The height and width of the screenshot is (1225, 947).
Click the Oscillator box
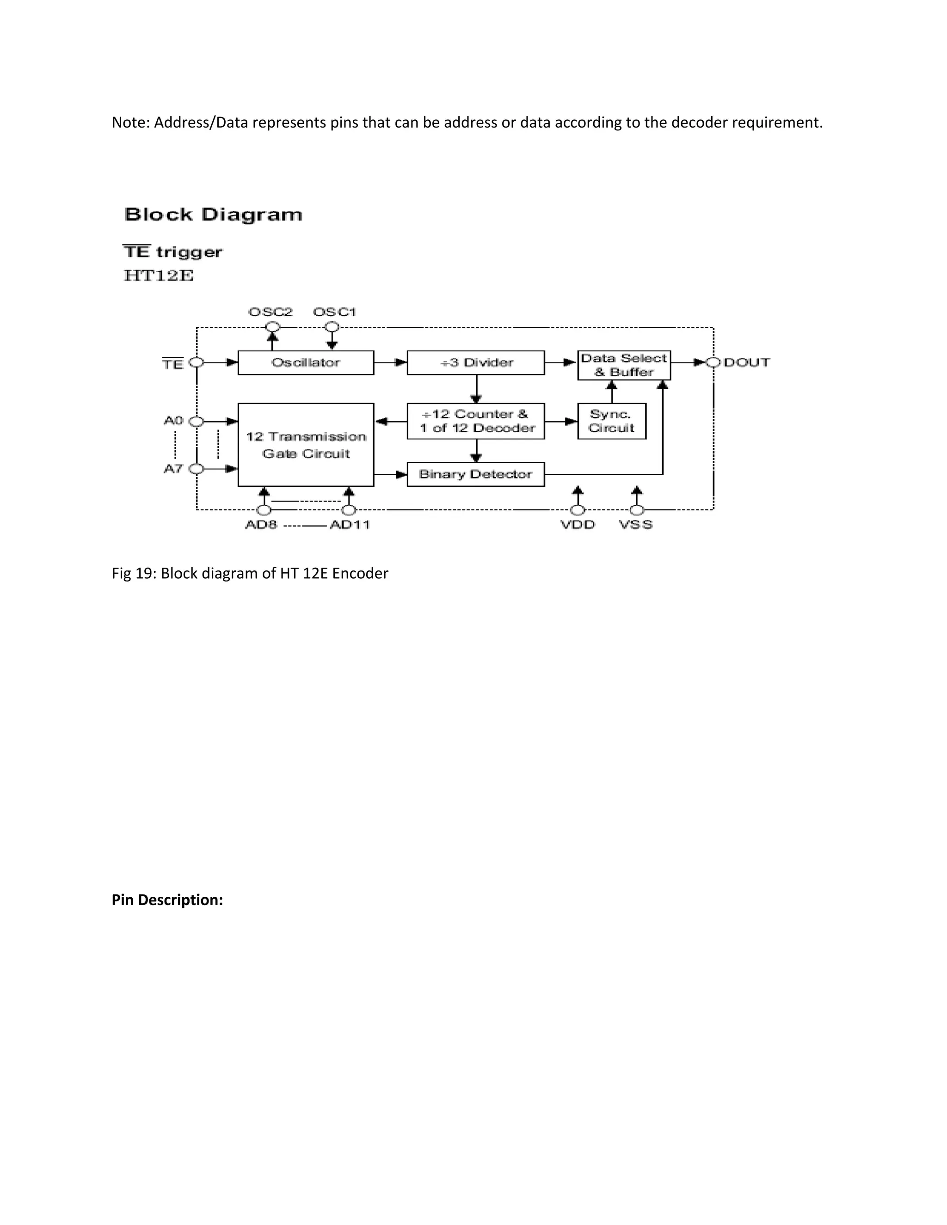coord(306,362)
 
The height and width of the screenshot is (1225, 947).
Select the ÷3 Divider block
coord(476,362)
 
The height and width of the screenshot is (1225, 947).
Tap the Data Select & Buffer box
coord(624,365)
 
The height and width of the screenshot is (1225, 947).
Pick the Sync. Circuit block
coord(611,421)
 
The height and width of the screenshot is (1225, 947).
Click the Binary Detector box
coord(476,474)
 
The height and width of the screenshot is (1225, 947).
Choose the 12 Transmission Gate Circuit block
coord(306,444)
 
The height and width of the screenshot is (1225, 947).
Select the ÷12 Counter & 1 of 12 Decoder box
coord(476,421)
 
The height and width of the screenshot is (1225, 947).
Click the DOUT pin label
coord(747,362)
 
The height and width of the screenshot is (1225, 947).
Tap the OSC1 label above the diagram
coord(334,312)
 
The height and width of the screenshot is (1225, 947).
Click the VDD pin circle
coord(577,510)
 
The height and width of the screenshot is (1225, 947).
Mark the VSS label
coord(636,525)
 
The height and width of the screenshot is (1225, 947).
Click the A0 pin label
coord(173,420)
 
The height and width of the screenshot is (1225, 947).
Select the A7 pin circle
coord(197,468)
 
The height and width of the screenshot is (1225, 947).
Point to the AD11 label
coord(350,525)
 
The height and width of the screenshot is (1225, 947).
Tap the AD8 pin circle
coord(264,510)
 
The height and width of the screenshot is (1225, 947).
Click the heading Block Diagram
coord(213,214)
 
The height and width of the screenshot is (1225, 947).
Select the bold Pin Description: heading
coord(167,900)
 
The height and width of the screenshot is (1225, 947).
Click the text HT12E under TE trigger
coord(159,276)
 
